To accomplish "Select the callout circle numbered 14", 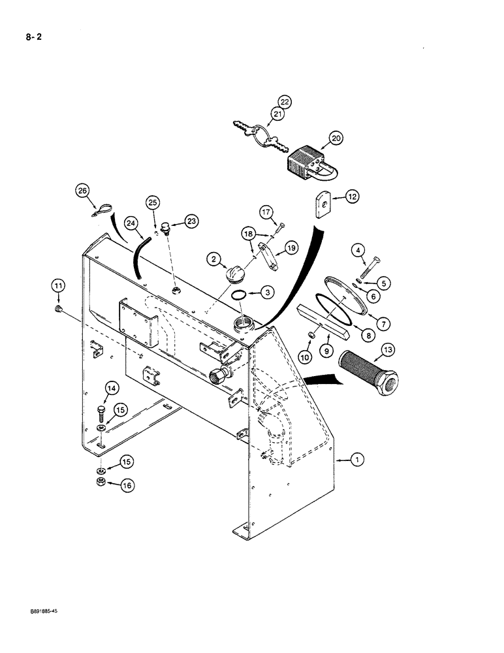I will (x=112, y=390).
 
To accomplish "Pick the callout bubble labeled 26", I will (x=82, y=191).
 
